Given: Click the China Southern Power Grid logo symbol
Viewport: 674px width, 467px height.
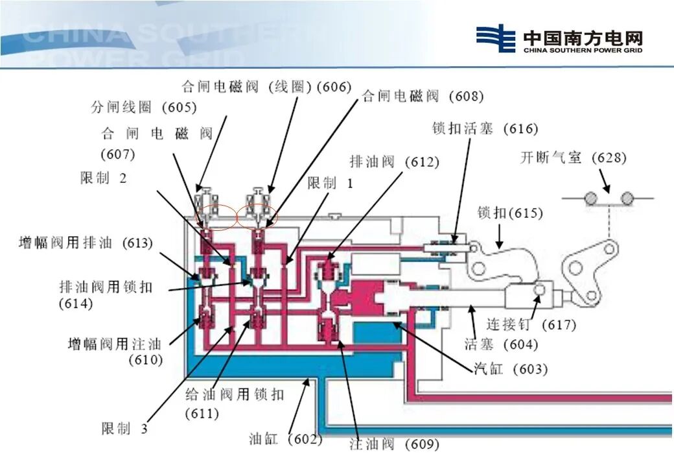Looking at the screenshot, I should (496, 39).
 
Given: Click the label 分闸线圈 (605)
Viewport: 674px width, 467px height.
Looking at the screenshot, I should (144, 107).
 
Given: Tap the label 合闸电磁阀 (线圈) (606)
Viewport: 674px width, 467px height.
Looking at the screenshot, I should (266, 86).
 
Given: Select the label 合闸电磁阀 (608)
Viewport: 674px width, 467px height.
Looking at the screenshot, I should (423, 97).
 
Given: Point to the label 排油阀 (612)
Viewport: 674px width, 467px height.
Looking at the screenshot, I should (394, 162).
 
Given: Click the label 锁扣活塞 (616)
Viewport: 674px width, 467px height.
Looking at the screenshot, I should (485, 128).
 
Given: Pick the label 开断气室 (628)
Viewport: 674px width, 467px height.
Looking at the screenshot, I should (574, 158).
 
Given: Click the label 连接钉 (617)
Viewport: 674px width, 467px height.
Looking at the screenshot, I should (531, 324).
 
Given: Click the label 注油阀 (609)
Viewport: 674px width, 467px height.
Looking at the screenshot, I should (394, 444).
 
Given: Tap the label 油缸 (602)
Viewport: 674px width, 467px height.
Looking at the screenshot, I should (286, 439).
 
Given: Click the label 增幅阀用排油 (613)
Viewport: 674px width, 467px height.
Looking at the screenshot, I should (86, 243).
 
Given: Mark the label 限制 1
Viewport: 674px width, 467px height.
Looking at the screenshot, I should (331, 184).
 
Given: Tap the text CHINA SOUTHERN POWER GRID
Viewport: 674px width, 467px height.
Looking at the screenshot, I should (583, 50).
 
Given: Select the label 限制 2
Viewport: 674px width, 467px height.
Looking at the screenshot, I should (104, 178).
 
